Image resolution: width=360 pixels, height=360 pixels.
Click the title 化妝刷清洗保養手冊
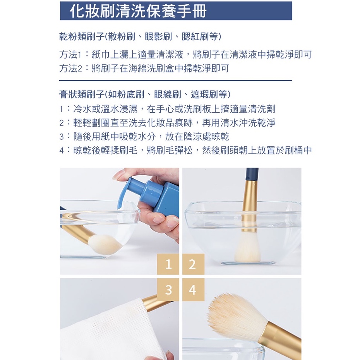[138, 11]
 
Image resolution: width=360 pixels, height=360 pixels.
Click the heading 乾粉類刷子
[82, 36]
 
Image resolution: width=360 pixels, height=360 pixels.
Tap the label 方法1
[70, 55]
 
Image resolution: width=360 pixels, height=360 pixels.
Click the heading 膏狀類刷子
[82, 94]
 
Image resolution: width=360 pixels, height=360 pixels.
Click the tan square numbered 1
[168, 264]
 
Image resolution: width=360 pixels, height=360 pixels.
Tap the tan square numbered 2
[193, 264]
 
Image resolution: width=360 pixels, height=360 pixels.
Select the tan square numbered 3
[168, 290]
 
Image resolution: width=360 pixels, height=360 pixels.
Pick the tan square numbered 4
[193, 290]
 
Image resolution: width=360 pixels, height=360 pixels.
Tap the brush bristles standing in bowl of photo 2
[247, 247]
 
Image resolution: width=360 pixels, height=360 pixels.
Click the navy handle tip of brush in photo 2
[252, 174]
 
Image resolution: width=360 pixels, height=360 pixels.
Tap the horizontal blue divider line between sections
[175, 81]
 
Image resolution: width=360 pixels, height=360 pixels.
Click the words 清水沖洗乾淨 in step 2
[248, 123]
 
